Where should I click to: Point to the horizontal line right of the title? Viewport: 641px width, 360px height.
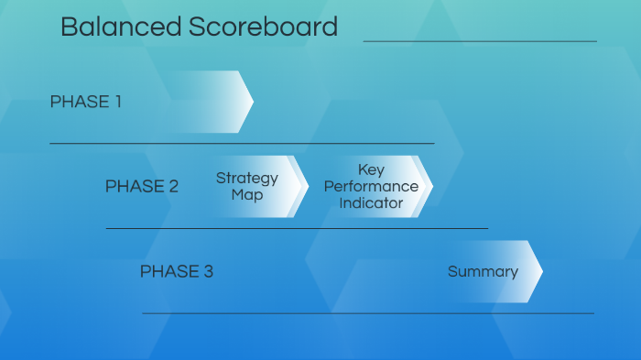[480, 41]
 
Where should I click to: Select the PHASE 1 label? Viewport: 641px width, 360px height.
[85, 102]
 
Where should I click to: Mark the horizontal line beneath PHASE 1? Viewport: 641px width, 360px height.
[242, 143]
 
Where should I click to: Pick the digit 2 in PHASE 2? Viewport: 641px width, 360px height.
[173, 187]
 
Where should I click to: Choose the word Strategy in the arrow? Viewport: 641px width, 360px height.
[247, 179]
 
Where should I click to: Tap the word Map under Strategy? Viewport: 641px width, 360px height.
[247, 195]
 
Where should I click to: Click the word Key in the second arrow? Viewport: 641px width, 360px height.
[371, 170]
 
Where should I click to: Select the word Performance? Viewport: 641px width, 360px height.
[371, 187]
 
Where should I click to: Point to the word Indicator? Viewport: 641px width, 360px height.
[371, 203]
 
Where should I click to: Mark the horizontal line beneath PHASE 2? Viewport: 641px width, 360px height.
[297, 228]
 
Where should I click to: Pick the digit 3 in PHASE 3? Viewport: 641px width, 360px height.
[208, 272]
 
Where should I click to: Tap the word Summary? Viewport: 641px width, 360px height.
[483, 272]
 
